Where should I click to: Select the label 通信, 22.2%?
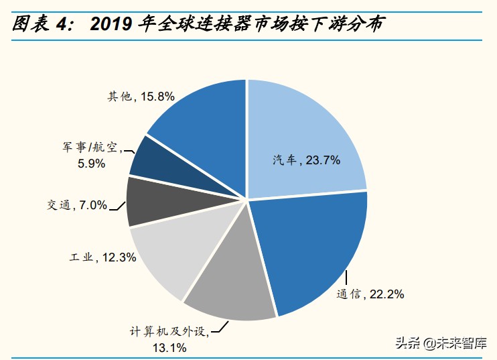(370, 294)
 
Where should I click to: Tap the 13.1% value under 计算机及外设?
(169, 347)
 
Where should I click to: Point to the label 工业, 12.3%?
(103, 257)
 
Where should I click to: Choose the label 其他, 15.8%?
(141, 97)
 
